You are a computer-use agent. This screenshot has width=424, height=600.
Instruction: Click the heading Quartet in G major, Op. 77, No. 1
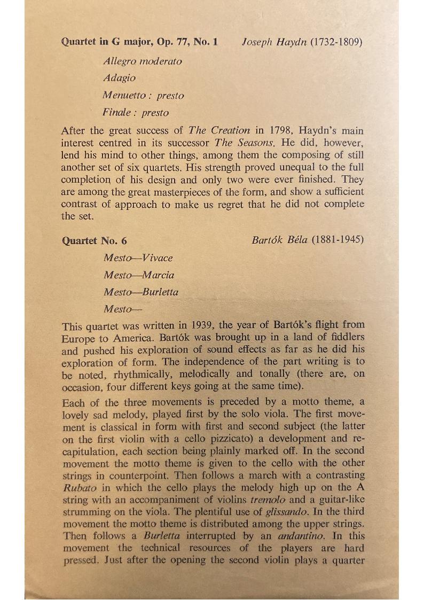click(x=139, y=42)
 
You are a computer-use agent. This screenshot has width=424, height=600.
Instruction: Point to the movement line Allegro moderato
click(x=143, y=61)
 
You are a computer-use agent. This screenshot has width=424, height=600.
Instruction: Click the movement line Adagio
click(x=120, y=79)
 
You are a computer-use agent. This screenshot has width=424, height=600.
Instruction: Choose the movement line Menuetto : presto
click(x=144, y=96)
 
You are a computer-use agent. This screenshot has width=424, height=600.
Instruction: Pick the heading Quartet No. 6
click(x=95, y=240)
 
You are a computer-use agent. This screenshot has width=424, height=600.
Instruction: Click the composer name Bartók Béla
click(x=279, y=240)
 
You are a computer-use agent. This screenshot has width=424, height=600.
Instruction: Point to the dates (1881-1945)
click(x=337, y=240)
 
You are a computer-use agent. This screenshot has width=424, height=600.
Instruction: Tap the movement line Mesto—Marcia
click(x=139, y=275)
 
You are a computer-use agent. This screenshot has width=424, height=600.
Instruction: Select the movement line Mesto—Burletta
click(x=141, y=292)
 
